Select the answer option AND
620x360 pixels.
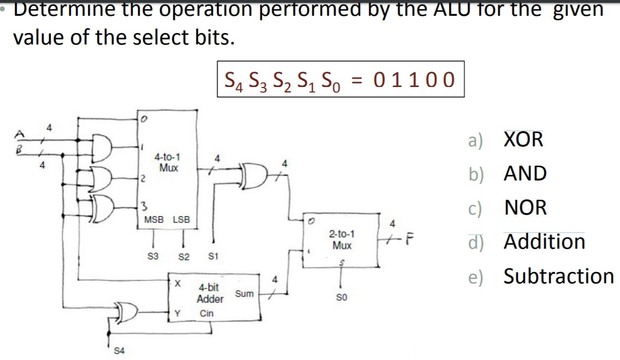[x=525, y=174]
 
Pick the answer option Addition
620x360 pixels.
[x=544, y=242]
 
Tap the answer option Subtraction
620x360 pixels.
[x=558, y=275]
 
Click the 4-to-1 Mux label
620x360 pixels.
[x=167, y=163]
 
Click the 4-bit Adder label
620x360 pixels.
[x=210, y=293]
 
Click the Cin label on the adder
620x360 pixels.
[x=207, y=314]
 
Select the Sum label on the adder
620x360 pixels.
[x=244, y=294]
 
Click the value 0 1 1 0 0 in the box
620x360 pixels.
[x=414, y=80]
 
